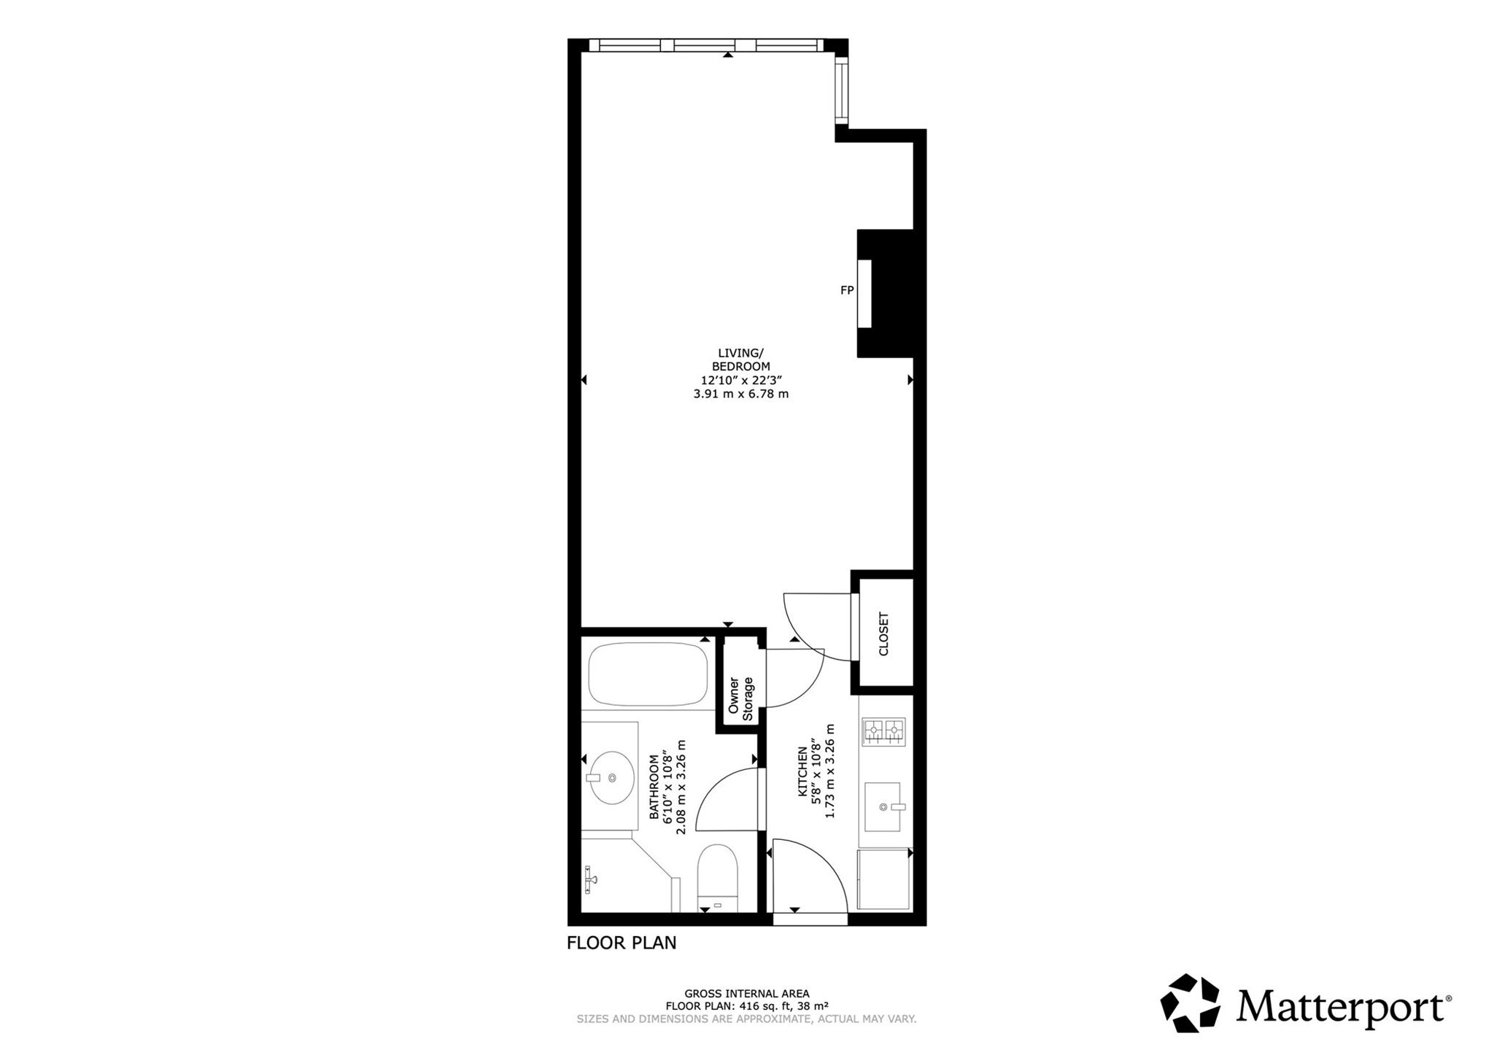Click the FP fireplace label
click(847, 290)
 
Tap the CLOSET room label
click(884, 634)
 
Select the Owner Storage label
click(740, 698)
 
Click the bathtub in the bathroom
click(648, 674)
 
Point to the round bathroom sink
click(611, 778)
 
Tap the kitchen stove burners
click(884, 731)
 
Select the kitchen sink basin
click(883, 807)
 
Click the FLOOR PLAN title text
click(622, 943)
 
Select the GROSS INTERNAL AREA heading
click(746, 994)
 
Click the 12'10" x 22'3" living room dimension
click(740, 380)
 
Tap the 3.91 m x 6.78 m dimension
click(740, 394)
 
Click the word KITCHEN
click(802, 771)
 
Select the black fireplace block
click(886, 293)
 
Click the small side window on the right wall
click(842, 91)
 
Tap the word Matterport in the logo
click(1340, 1007)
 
